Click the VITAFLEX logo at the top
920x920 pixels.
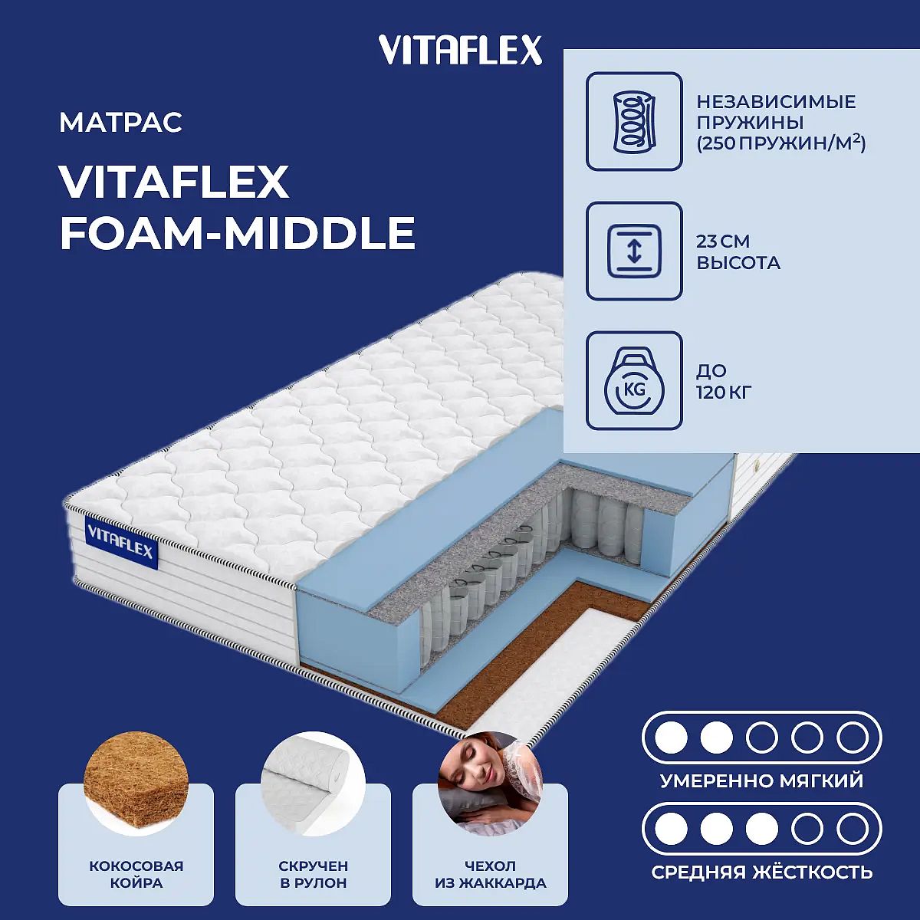(460, 51)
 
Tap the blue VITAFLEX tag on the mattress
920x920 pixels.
(121, 543)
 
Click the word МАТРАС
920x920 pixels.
(121, 122)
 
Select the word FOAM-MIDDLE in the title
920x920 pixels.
(237, 233)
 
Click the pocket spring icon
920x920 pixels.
(634, 121)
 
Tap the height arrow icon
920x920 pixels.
(634, 251)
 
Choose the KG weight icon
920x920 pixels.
(634, 380)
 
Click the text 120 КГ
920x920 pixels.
(724, 393)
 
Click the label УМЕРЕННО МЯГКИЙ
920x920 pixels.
(762, 780)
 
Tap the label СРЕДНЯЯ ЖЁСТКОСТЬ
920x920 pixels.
(762, 872)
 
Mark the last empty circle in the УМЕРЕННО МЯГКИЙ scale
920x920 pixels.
(853, 738)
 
